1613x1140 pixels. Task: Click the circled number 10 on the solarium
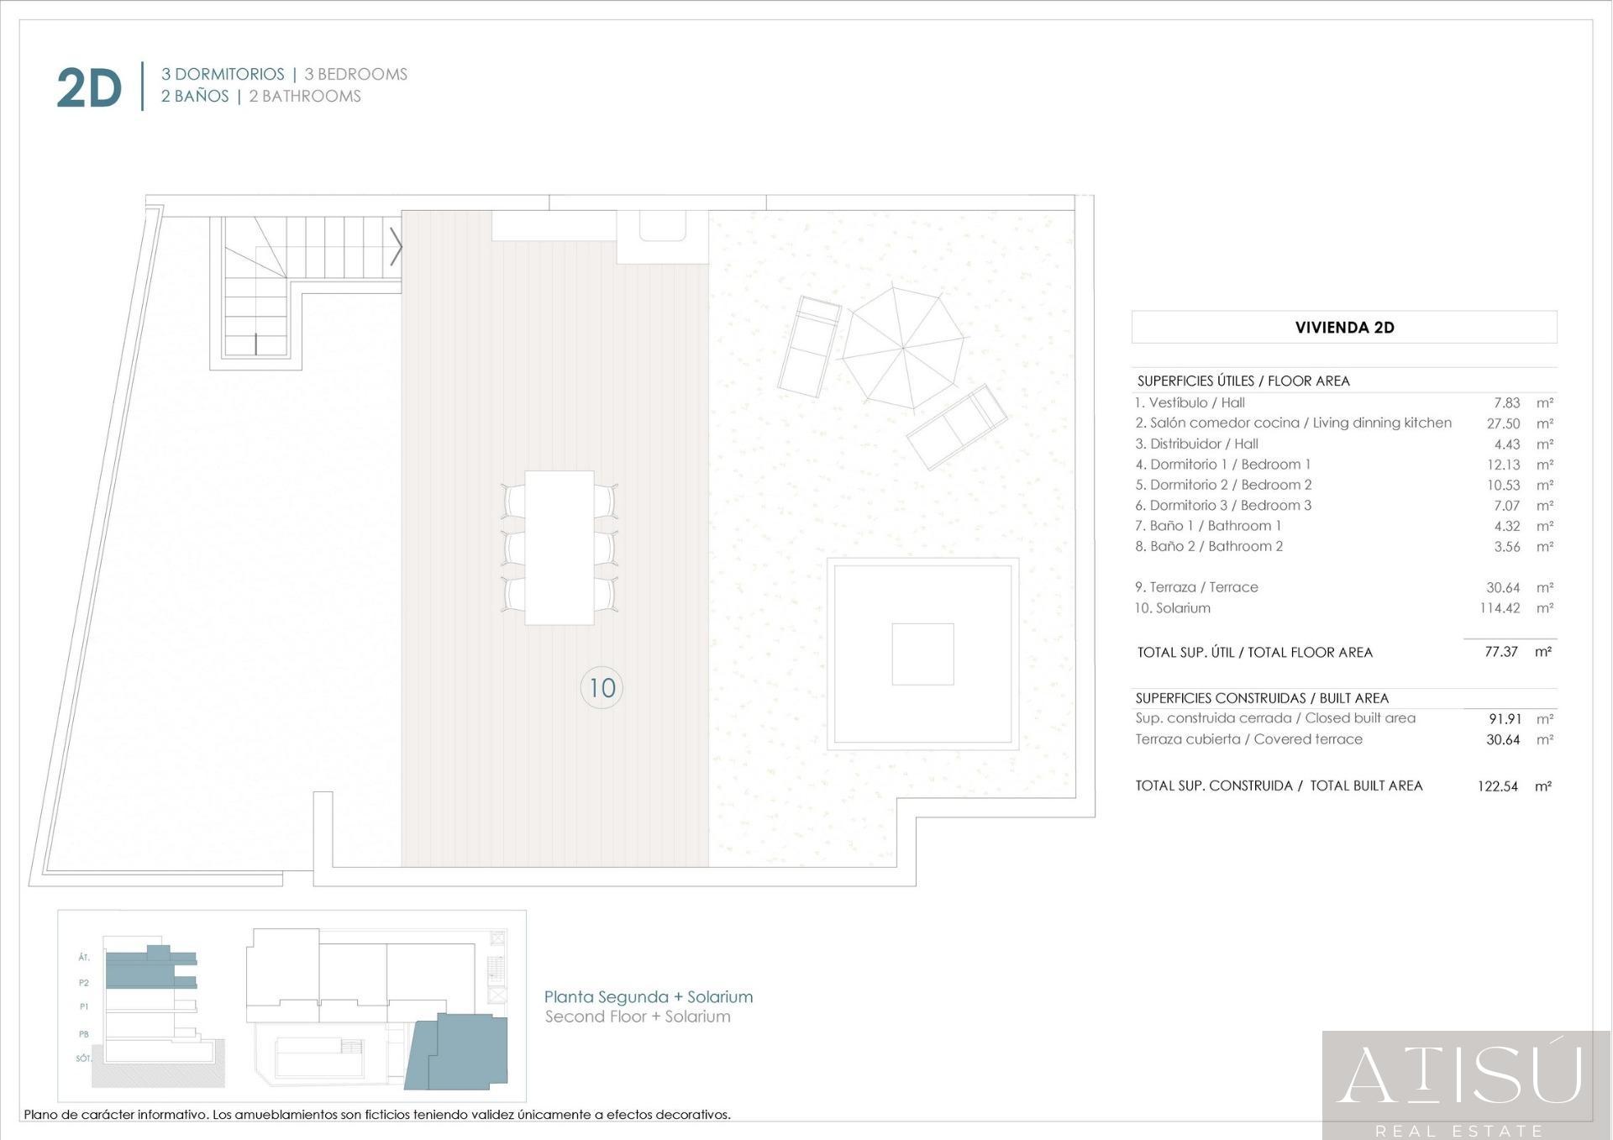(602, 688)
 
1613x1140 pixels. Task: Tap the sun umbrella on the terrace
(903, 347)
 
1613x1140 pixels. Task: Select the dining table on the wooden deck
(560, 548)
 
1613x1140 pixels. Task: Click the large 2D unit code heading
(89, 87)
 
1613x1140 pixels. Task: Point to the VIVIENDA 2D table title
(1344, 328)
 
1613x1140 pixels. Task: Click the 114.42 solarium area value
(1500, 608)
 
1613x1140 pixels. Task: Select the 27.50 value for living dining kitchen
(1503, 423)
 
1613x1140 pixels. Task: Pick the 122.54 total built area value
(1498, 786)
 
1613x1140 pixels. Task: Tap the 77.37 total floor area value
(1501, 652)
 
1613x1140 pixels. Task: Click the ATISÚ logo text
(1459, 1074)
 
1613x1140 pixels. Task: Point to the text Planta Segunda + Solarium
(649, 997)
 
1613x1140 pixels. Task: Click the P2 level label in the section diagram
(84, 983)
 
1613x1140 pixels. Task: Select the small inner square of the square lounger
(922, 654)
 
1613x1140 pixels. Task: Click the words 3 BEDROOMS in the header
(356, 74)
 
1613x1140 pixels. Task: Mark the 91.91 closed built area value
(1505, 719)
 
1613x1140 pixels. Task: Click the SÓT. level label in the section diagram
(83, 1059)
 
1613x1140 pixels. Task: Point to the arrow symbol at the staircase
(396, 246)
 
